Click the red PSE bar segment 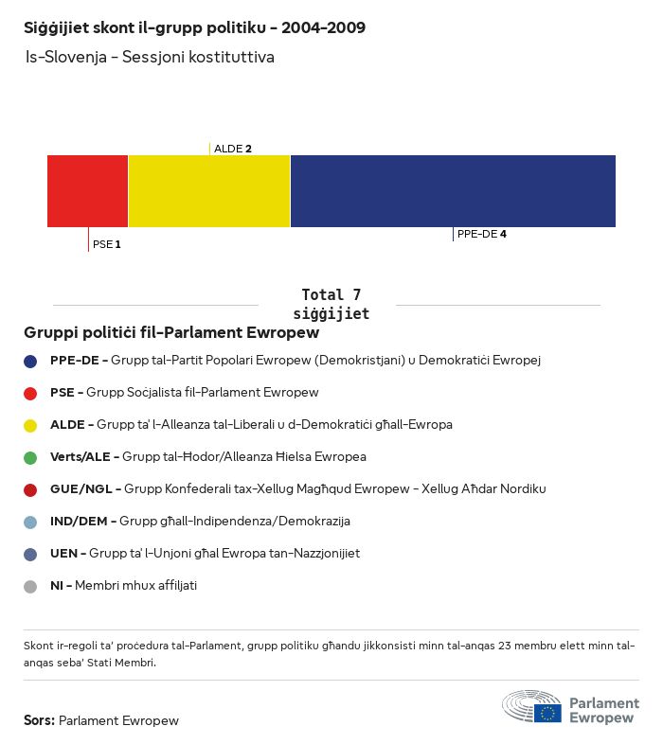click(87, 191)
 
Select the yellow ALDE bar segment click(208, 191)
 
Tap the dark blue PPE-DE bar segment click(453, 191)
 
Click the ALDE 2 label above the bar click(233, 149)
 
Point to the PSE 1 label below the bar click(107, 244)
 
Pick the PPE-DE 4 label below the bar click(481, 234)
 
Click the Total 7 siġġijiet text click(331, 304)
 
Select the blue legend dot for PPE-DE click(30, 361)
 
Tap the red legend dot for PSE click(30, 393)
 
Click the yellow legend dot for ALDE click(30, 425)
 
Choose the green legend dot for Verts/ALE click(30, 457)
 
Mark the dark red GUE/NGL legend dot click(30, 489)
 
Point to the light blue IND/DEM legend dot click(30, 522)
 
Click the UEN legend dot click(30, 554)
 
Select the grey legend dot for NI click(30, 586)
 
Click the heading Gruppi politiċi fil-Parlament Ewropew click(171, 333)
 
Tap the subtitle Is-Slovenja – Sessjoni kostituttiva click(150, 57)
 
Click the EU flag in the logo click(547, 713)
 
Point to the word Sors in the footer click(39, 720)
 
